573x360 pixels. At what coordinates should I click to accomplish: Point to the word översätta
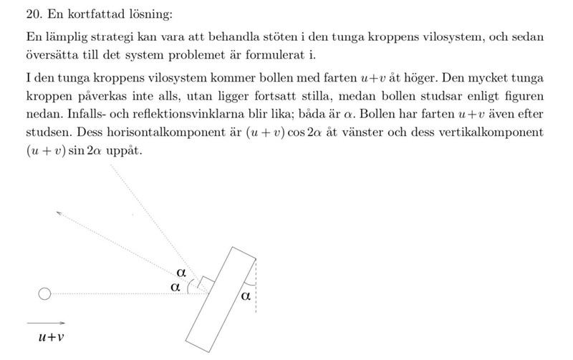click(50, 55)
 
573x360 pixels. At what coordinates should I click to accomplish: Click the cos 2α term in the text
click(295, 133)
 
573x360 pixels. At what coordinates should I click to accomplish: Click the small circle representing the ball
click(44, 293)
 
